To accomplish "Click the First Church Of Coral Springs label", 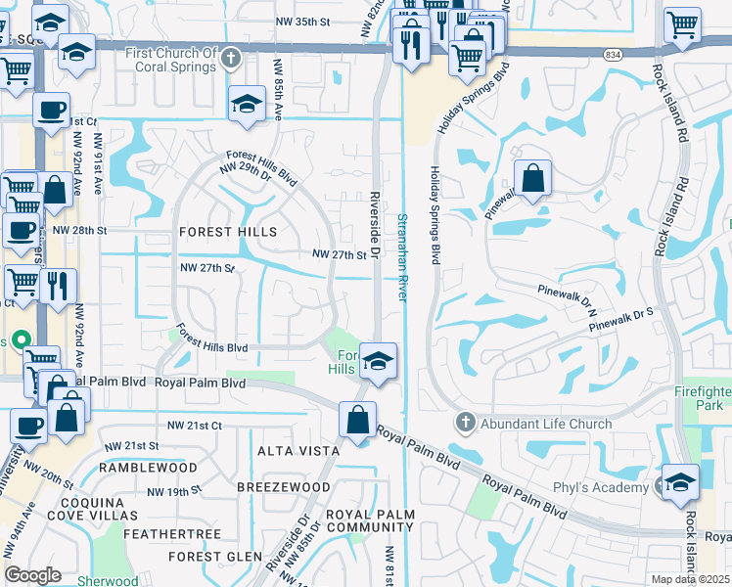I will coord(170,60).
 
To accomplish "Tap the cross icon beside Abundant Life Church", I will coord(465,424).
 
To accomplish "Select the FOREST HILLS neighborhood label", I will coord(228,232).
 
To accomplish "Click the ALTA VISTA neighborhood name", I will coord(298,451).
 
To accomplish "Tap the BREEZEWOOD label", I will coord(284,487).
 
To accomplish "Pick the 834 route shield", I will coord(613,55).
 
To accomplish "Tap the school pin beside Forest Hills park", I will coord(377,362).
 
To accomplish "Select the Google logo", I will coord(32,575).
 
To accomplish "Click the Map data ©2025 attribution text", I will coord(690,579).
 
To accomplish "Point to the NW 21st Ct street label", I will coord(195,426).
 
